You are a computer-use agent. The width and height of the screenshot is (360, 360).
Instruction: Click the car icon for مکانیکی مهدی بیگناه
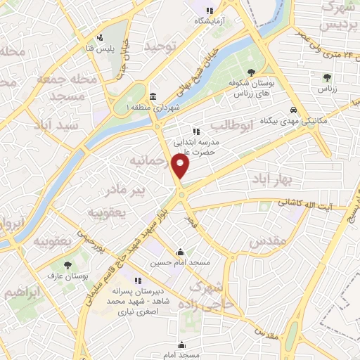pyautogui.click(x=293, y=110)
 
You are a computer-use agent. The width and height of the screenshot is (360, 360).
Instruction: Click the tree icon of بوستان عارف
pyautogui.click(x=67, y=265)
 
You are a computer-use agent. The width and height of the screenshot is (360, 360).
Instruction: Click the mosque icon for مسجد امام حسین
pyautogui.click(x=181, y=252)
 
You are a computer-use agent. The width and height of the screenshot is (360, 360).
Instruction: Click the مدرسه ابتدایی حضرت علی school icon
pyautogui.click(x=196, y=131)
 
